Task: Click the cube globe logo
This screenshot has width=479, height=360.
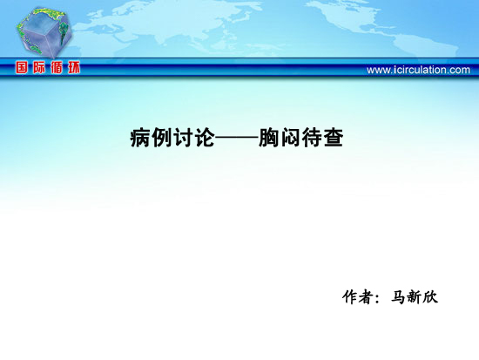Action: click(44, 33)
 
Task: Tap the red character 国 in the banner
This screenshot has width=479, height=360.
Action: click(22, 67)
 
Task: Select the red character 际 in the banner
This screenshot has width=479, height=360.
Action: click(39, 67)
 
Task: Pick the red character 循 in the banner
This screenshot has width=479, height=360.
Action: click(57, 67)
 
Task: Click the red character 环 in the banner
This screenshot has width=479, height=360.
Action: click(74, 67)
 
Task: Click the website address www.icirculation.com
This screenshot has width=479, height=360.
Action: click(418, 70)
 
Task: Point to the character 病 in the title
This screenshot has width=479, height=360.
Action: click(140, 138)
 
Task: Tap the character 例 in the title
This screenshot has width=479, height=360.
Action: click(162, 138)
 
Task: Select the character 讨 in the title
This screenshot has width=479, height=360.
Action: click(183, 138)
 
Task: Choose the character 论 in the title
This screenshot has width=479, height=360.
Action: click(205, 138)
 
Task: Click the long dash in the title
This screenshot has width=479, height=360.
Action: click(237, 139)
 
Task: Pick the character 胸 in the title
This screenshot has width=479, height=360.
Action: click(269, 138)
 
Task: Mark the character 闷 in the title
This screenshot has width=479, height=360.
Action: click(290, 138)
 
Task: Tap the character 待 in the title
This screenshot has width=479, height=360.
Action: click(312, 138)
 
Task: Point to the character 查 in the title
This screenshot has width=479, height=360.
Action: click(334, 138)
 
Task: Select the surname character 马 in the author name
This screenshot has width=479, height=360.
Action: click(399, 296)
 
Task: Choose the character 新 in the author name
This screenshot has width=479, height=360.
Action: click(415, 296)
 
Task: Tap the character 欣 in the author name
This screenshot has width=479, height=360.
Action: click(430, 296)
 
